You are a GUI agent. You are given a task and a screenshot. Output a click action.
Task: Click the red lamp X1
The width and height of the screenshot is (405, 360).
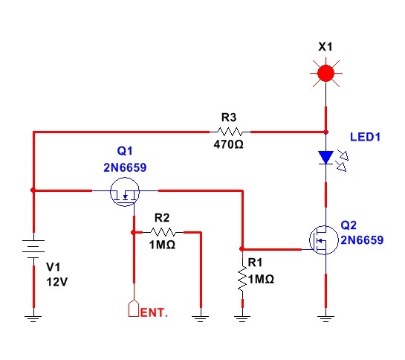coord(325,73)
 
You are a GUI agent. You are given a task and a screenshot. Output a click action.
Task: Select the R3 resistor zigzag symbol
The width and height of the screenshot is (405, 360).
coord(230,132)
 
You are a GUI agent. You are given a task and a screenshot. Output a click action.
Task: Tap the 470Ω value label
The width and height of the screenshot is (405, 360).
coord(228,144)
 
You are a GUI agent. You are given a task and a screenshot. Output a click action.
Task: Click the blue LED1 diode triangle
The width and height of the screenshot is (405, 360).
coord(325,158)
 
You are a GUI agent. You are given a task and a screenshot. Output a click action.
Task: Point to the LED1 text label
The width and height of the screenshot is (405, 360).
coord(365,137)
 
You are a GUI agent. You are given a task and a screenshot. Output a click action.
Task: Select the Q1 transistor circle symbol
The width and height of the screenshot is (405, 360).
coord(125,192)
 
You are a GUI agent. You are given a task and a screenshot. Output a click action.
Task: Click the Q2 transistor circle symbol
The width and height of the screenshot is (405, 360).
coord(324,240)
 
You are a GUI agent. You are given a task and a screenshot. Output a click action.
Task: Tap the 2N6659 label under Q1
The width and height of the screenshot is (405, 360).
coord(125,167)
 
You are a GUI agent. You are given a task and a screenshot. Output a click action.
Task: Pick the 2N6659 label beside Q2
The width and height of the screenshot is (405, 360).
coord(362,240)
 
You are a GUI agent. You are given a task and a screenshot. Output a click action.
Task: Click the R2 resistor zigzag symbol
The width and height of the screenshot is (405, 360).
coord(163,232)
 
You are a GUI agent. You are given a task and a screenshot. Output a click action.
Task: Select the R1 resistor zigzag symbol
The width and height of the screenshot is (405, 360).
coord(242,279)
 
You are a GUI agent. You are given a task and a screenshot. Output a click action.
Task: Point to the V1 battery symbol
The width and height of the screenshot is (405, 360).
coord(33,248)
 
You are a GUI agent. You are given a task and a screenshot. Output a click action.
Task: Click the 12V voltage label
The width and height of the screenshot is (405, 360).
coord(56,282)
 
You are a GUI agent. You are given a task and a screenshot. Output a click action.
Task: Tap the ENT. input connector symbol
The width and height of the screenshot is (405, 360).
coord(134,308)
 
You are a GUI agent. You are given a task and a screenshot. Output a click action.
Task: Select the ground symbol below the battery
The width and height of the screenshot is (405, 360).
coord(33,318)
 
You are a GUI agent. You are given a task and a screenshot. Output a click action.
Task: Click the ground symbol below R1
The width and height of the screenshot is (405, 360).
coord(242,318)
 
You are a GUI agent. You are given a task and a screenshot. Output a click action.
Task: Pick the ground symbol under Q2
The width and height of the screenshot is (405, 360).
coord(325,318)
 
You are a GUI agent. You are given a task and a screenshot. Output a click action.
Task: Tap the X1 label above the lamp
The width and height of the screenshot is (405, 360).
coord(325,47)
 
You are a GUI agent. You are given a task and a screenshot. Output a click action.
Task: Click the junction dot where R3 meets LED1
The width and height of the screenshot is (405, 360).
coord(326,132)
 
